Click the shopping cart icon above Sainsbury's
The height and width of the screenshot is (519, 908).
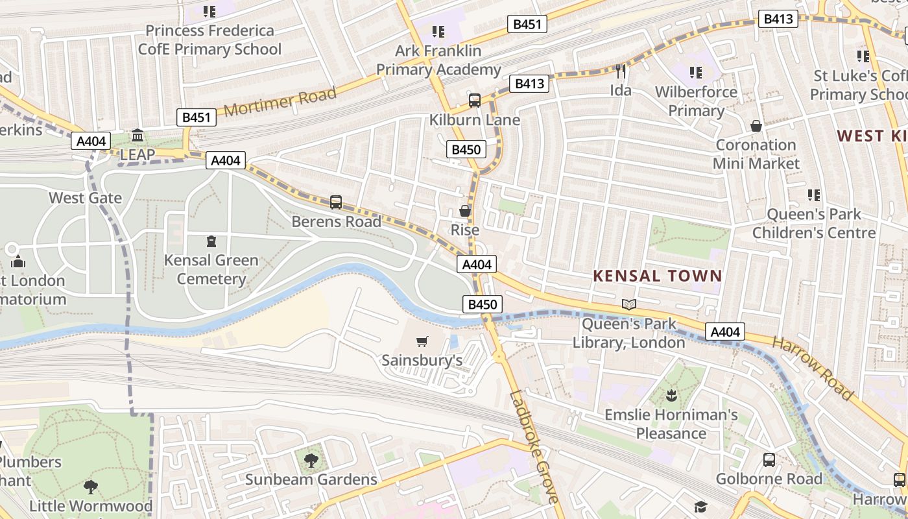422,341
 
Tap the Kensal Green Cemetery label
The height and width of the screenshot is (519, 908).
211,269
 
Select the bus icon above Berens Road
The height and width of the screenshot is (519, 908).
335,202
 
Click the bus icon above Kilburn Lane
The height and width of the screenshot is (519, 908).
475,101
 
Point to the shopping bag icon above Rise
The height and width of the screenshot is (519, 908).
465,211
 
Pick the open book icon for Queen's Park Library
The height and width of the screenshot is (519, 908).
628,304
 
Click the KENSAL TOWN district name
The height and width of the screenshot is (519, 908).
657,276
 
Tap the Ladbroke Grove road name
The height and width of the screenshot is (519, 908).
533,447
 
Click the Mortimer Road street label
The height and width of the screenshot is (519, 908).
280,102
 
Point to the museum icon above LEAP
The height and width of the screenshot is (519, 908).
137,136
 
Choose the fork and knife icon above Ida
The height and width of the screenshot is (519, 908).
621,71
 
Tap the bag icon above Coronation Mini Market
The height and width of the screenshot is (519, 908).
756,126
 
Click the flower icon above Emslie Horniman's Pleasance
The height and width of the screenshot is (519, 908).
671,395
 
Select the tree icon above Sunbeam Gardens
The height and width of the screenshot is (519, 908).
311,461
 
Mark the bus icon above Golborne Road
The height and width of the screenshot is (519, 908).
769,460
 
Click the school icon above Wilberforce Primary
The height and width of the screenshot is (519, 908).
695,73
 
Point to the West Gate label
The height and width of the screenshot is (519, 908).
85,197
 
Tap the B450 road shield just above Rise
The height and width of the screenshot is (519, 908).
466,150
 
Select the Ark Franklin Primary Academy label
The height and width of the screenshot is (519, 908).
438,60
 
